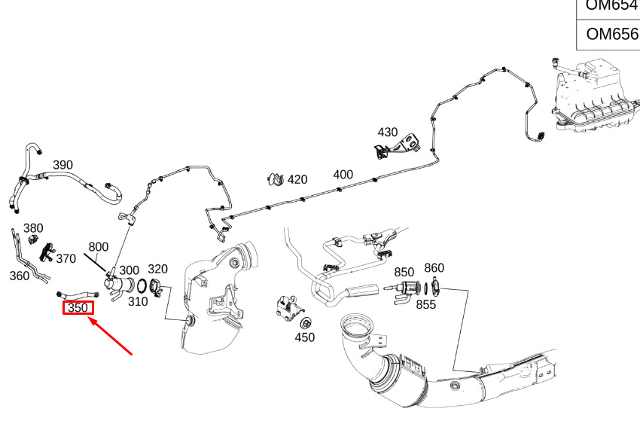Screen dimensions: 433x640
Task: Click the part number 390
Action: [62, 165]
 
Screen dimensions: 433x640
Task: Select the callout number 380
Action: [33, 228]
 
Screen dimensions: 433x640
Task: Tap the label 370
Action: [66, 258]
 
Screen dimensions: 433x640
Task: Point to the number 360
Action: [20, 276]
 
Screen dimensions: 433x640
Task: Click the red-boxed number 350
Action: [78, 307]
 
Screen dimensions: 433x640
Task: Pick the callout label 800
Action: [99, 246]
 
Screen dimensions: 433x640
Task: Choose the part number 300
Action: [130, 270]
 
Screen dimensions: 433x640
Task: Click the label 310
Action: [137, 302]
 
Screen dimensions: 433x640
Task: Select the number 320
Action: [157, 269]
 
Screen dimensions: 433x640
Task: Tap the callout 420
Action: [297, 179]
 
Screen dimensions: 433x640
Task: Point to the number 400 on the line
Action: [343, 174]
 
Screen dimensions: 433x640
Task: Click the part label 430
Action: [387, 132]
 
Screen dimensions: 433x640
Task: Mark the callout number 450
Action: [304, 337]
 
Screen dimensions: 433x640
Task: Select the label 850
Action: [404, 272]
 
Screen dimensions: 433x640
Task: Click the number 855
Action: [427, 304]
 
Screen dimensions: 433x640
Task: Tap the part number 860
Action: [434, 267]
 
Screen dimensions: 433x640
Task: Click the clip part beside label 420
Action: [276, 179]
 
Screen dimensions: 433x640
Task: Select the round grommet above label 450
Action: [306, 322]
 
